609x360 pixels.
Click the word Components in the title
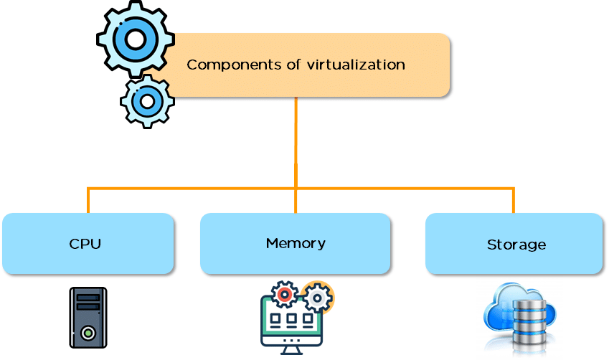225,65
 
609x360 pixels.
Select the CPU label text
85,244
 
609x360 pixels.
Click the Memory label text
296,243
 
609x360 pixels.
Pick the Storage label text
516,245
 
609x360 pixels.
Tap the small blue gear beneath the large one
147,101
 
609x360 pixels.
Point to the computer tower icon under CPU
88,317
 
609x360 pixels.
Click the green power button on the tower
88,333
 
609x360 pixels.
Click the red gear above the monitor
285,293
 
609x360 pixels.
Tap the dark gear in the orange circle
316,296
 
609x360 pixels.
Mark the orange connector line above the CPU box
88,200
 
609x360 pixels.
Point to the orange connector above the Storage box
514,200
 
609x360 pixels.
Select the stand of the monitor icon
291,348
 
